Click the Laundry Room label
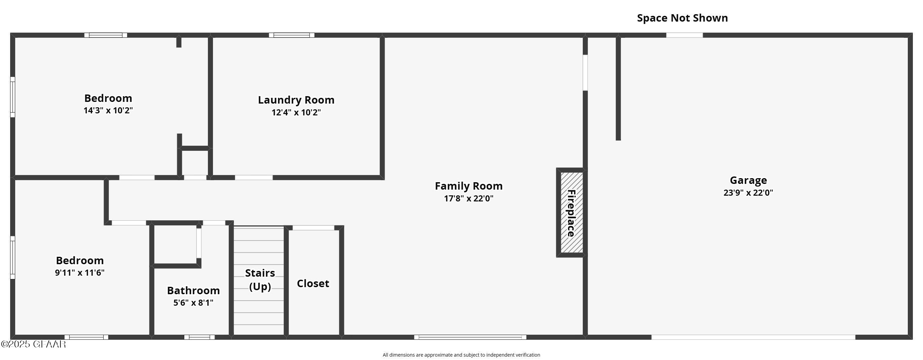296,100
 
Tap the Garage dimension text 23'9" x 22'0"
748,193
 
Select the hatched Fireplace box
571,213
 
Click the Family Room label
468,186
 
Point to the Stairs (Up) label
260,279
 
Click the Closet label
313,283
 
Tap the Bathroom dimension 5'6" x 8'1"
193,303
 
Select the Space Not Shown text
682,18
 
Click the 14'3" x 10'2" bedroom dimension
108,110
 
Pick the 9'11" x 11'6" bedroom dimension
80,273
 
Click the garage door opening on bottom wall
753,337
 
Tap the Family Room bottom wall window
470,337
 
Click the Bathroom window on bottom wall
199,337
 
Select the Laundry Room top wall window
292,35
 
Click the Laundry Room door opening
254,178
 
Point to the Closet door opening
314,228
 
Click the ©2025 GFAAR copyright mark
33,344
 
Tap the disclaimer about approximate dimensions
461,355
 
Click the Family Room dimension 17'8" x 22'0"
468,198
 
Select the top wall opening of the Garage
684,35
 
